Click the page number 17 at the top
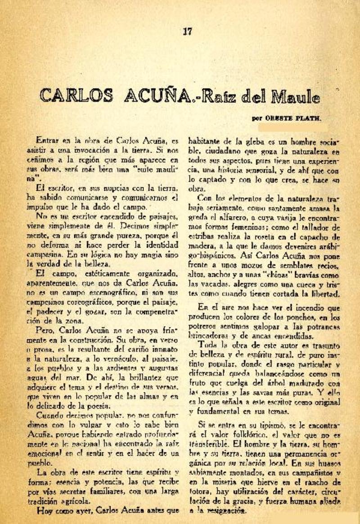(x=188, y=31)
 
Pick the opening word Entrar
(x=47, y=140)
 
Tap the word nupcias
(x=114, y=188)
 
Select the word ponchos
(x=294, y=317)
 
